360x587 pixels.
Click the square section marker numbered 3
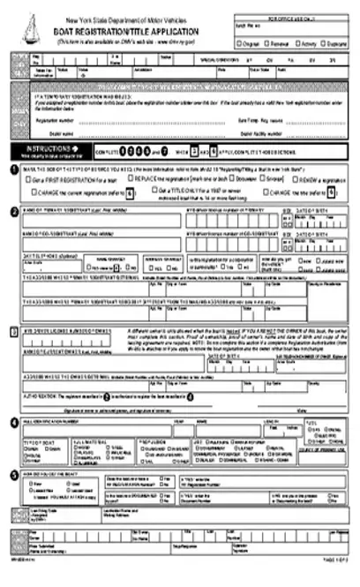pos(11,331)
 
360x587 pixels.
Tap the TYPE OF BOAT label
pos(39,439)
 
